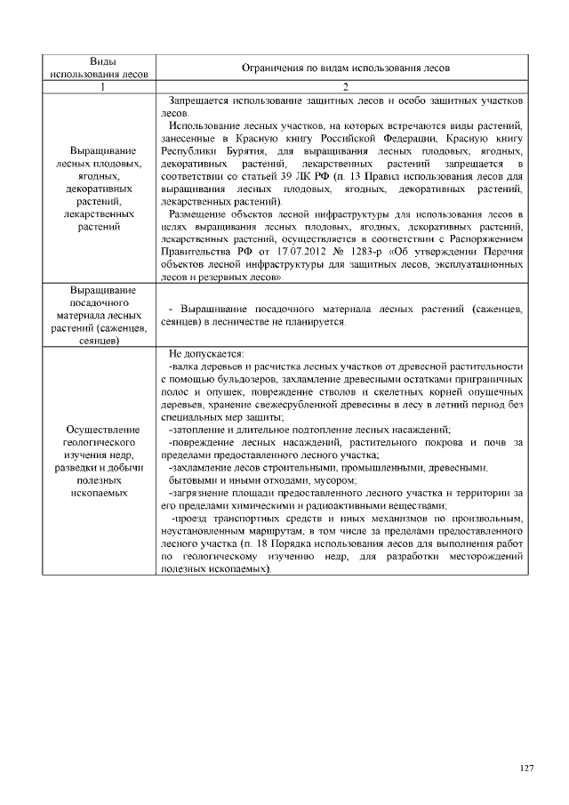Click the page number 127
526,769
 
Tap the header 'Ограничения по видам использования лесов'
345,67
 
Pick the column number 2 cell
345,86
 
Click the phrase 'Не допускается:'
200,353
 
